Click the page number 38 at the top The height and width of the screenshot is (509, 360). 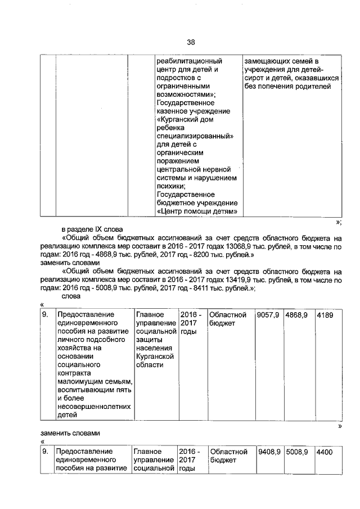pos(191,42)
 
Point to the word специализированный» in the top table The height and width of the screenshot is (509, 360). pos(195,137)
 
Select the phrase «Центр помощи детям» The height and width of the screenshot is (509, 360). pos(196,211)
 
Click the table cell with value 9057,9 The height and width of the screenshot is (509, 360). pos(268,316)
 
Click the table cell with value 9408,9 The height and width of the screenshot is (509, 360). pos(269,452)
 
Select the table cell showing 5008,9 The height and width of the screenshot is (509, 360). pos(297,452)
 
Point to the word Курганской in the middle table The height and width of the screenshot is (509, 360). pos(155,356)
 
